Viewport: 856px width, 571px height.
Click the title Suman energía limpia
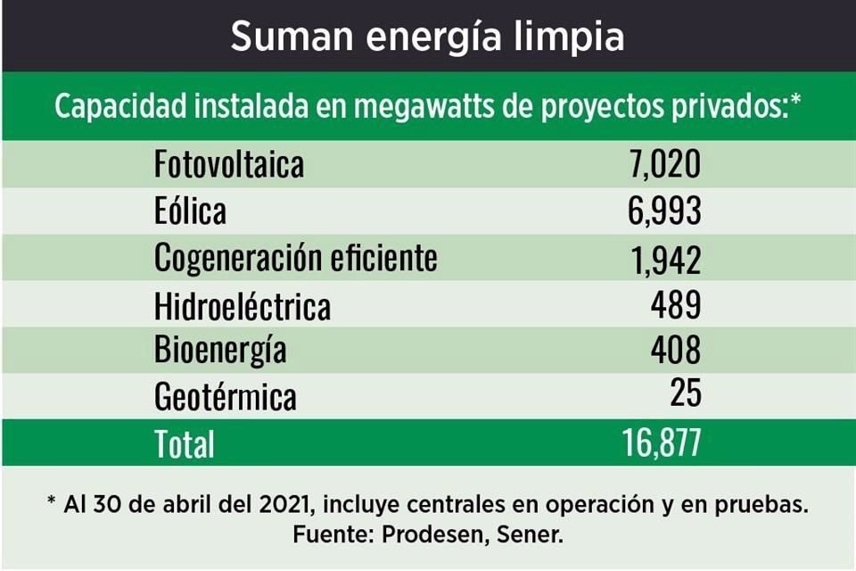tap(427, 37)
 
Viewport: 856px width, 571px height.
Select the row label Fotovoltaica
tap(229, 165)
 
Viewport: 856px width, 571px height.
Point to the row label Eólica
tap(190, 211)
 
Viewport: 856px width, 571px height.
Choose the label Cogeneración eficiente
tap(296, 258)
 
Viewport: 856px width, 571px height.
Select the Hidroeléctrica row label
tap(243, 306)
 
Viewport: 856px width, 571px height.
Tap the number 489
tap(675, 306)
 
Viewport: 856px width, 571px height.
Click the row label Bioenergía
tap(220, 350)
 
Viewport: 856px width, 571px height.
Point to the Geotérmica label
tap(225, 396)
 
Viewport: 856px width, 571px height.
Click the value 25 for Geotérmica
tap(686, 394)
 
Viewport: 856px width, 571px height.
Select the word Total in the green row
tap(185, 443)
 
